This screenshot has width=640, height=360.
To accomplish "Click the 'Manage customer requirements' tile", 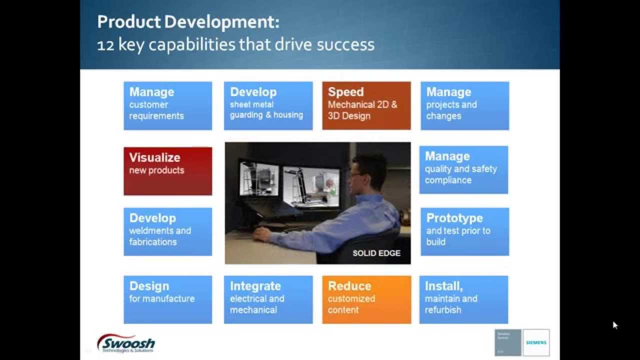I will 167,105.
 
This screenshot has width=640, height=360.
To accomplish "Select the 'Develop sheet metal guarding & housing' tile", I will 268,105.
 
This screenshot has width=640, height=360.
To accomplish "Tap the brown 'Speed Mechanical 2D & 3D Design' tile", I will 366,105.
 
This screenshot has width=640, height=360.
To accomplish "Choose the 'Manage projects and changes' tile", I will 464,105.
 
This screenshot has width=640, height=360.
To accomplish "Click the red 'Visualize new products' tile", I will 167,170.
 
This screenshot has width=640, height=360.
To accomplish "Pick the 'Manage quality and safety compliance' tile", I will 463,169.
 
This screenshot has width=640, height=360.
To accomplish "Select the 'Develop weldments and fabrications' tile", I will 167,231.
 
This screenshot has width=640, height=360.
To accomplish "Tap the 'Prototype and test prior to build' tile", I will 464,231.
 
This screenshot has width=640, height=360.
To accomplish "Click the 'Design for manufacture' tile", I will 167,299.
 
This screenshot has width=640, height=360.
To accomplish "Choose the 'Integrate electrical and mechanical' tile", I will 268,299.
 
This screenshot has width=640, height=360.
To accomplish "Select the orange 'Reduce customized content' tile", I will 366,299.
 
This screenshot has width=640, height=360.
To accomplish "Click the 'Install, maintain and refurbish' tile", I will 463,299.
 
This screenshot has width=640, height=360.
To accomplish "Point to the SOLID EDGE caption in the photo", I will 376,253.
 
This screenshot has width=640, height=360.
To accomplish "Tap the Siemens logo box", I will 536,342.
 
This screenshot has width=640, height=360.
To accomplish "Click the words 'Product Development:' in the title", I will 188,22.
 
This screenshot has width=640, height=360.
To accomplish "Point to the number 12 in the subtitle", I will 105,45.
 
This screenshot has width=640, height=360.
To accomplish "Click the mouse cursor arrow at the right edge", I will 615,325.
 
